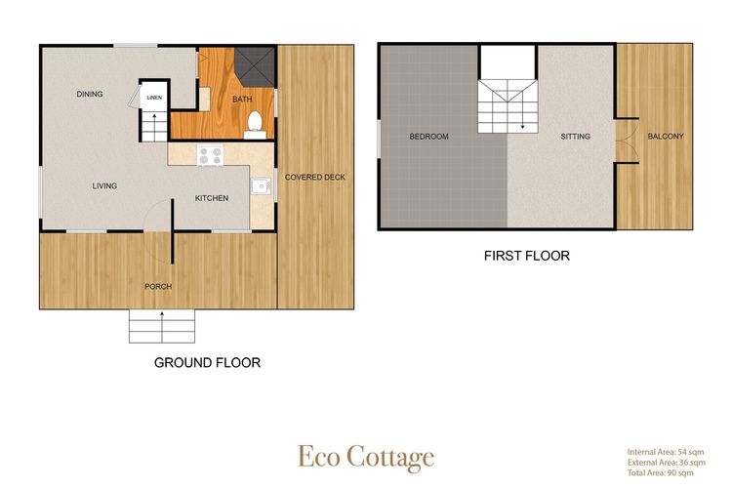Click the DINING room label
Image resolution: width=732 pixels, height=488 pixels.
pyautogui.click(x=91, y=95)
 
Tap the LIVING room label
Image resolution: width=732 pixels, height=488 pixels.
pyautogui.click(x=104, y=185)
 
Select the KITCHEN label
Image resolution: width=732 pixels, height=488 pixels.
pyautogui.click(x=212, y=198)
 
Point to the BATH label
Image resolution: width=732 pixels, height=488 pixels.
pyautogui.click(x=242, y=100)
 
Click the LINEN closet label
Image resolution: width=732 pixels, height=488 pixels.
pyautogui.click(x=154, y=98)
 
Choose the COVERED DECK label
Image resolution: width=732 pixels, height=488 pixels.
pyautogui.click(x=308, y=177)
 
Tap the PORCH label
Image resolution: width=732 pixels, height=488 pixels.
pyautogui.click(x=158, y=286)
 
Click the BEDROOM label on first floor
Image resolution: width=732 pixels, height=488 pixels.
pyautogui.click(x=428, y=137)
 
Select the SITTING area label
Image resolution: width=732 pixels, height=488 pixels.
pyautogui.click(x=575, y=137)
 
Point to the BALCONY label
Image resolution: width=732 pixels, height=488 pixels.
pyautogui.click(x=666, y=137)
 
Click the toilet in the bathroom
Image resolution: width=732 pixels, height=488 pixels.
pyautogui.click(x=255, y=123)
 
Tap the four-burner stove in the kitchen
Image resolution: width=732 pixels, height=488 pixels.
pyautogui.click(x=210, y=154)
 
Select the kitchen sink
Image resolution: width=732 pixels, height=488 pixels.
pyautogui.click(x=262, y=184)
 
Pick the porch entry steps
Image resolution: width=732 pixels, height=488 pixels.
pyautogui.click(x=161, y=327)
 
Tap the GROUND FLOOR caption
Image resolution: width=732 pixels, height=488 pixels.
pyautogui.click(x=208, y=363)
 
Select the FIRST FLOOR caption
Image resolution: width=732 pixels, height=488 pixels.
pyautogui.click(x=527, y=256)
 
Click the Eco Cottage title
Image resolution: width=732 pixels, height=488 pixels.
pyautogui.click(x=366, y=457)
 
